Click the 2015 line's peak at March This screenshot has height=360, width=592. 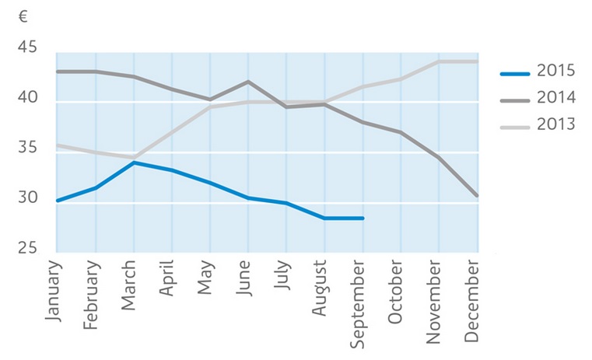pos(134,163)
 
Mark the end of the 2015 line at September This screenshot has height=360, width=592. pos(363,218)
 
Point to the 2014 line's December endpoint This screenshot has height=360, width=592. pos(477,196)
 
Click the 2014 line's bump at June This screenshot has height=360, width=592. pos(248,82)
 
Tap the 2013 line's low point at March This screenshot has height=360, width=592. pos(134,157)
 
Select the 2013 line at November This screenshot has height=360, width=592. pos(439,61)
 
